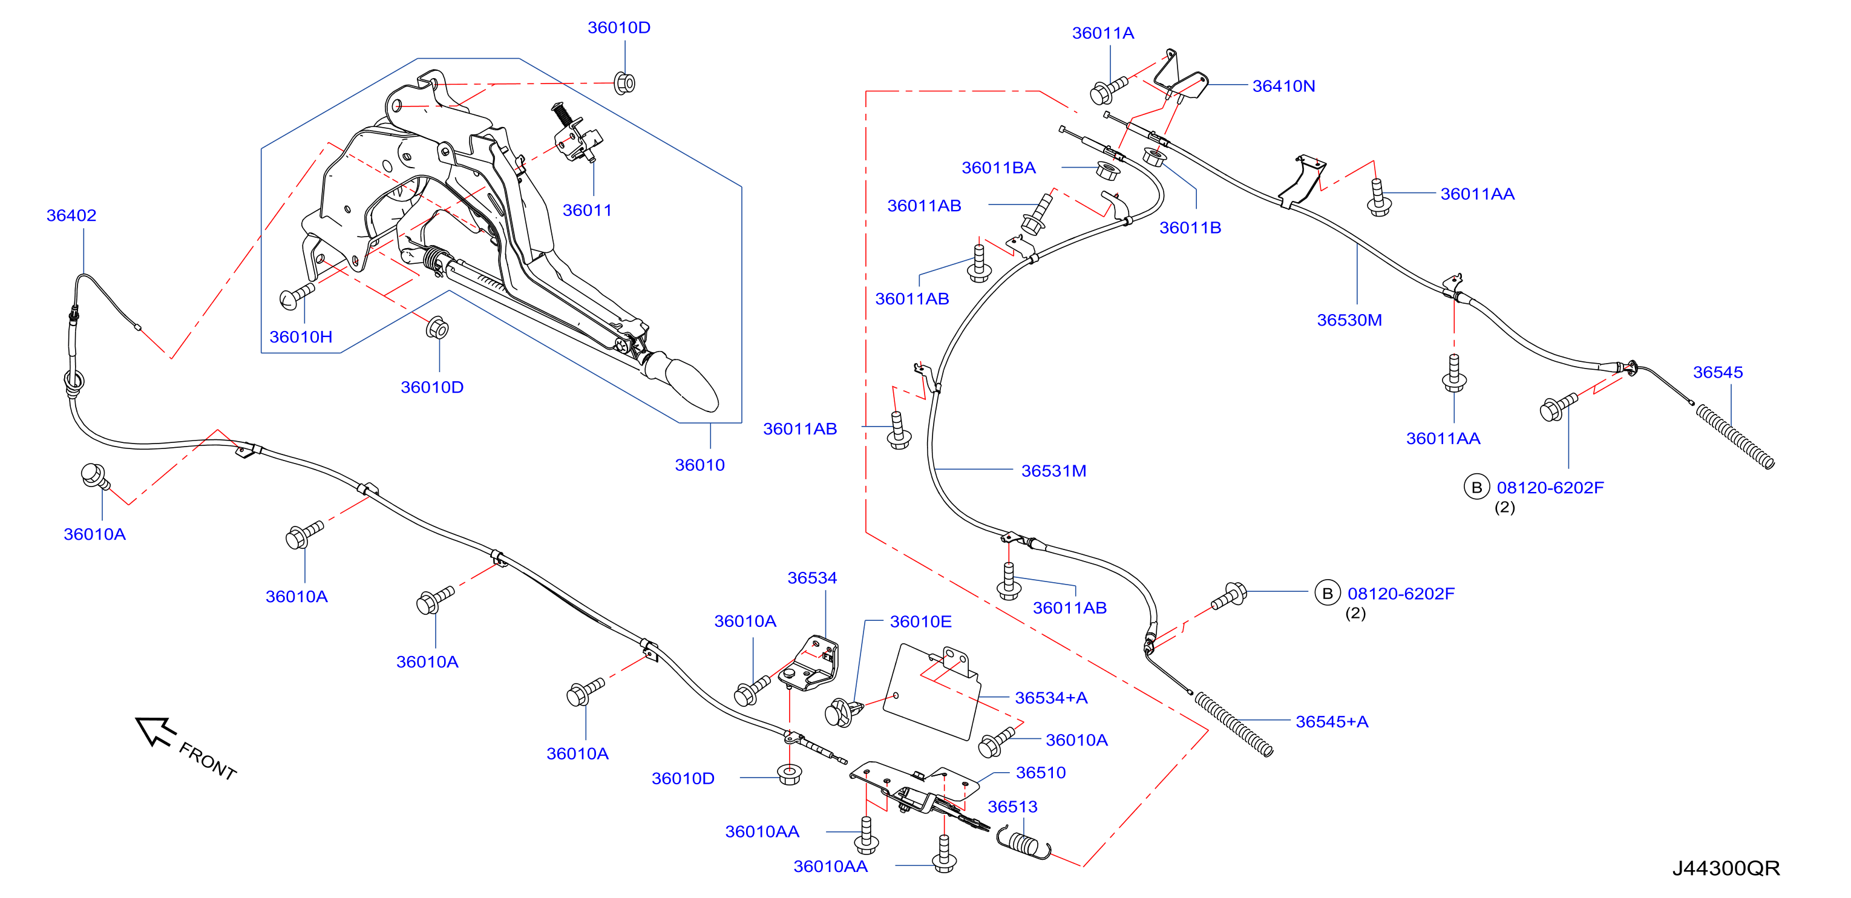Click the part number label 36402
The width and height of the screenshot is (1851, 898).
[x=71, y=215]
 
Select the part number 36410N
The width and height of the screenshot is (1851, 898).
[x=1283, y=86]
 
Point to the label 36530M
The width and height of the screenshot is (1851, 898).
[x=1349, y=320]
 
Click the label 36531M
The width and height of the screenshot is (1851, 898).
[x=1053, y=471]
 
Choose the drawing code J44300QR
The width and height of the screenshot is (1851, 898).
[x=1726, y=868]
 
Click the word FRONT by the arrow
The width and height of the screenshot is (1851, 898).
[x=208, y=761]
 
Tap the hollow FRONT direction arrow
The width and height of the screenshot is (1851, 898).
[x=155, y=730]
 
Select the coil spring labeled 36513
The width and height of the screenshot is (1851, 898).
[x=1023, y=842]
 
